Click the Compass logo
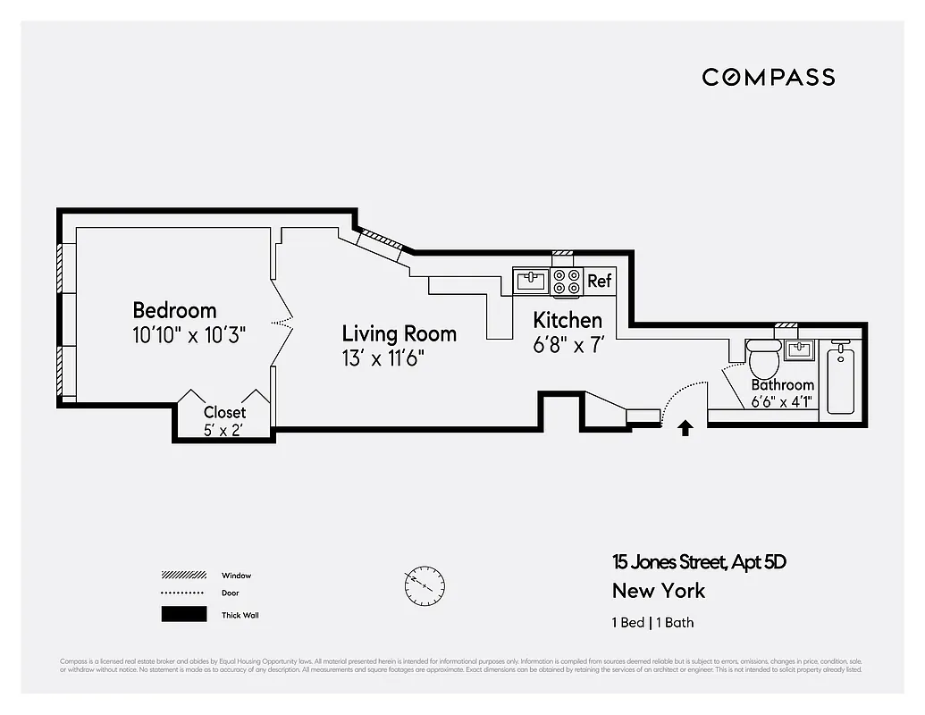point(768,77)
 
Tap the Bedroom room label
point(174,310)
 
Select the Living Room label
point(399,333)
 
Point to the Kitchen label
point(568,320)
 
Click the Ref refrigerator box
point(599,281)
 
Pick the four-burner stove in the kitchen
point(567,282)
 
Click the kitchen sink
point(532,281)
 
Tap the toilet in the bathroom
point(764,359)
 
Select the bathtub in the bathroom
point(841,381)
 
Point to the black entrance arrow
point(685,428)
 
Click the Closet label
point(224,413)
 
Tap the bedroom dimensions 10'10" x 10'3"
point(189,336)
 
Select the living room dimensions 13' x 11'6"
point(383,358)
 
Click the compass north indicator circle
point(423,586)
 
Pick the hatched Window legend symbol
point(183,575)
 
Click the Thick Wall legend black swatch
point(183,614)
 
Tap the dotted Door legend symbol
point(183,593)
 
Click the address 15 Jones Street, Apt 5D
point(699,562)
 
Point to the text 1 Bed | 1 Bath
point(652,623)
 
